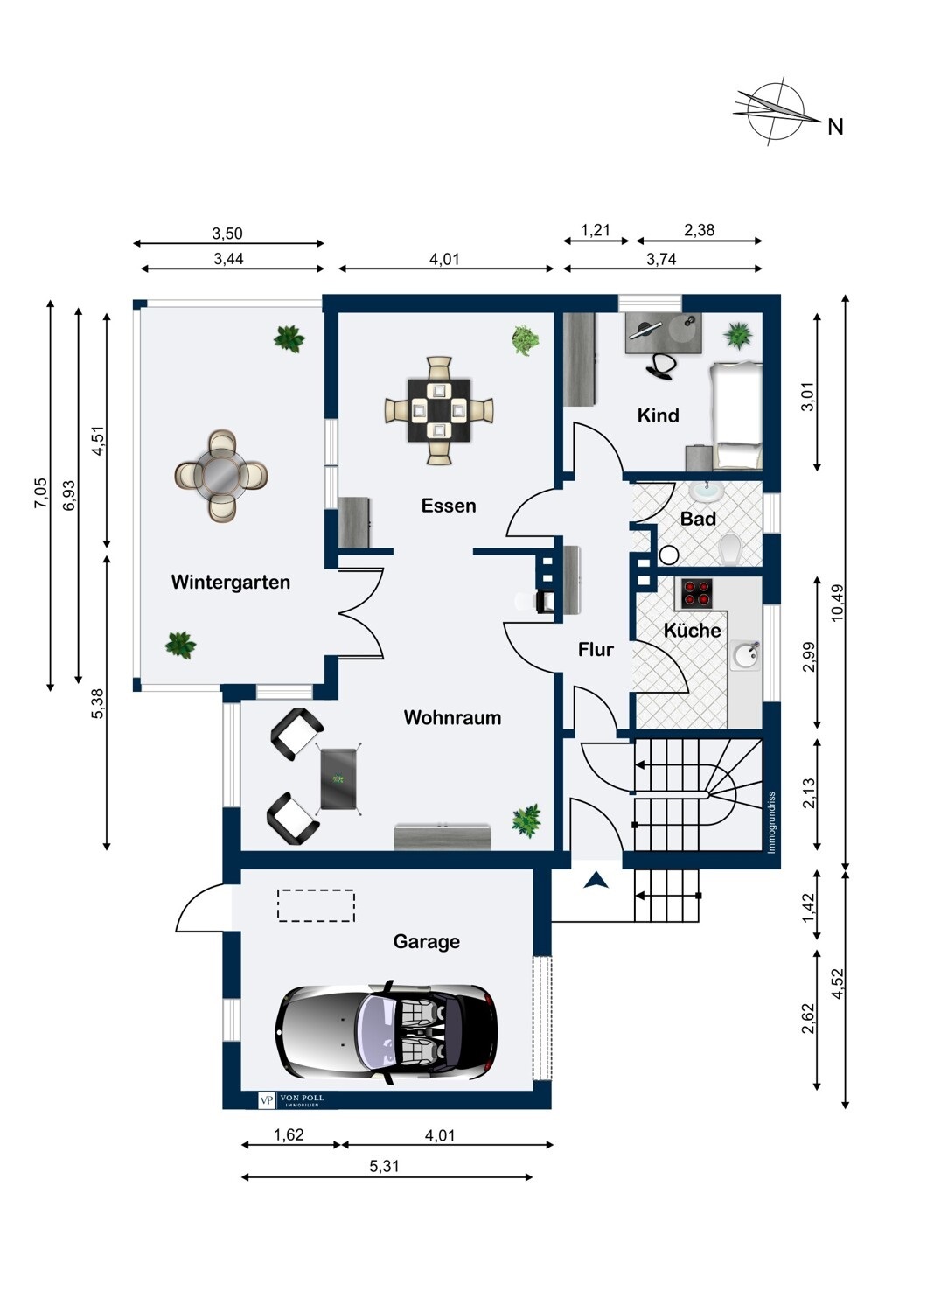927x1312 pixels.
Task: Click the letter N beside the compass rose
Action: [x=835, y=127]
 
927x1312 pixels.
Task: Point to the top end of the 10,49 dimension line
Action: [x=845, y=297]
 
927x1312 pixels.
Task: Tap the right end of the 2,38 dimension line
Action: [x=763, y=241]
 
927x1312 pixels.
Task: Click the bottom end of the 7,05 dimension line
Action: [x=51, y=691]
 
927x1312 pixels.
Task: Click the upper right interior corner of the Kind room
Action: [x=763, y=313]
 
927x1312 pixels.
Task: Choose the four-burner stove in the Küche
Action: [x=697, y=593]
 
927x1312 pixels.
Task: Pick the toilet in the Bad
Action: [x=731, y=548]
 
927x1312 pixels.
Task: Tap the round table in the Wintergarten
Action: [x=221, y=476]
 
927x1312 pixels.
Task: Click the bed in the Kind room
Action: [x=736, y=415]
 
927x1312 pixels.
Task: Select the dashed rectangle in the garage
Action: [x=317, y=906]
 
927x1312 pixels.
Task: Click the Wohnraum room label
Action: [x=452, y=717]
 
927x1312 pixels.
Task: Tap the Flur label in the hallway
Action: [x=596, y=649]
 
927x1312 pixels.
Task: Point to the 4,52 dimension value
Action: [x=838, y=984]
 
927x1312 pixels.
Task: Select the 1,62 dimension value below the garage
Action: [x=289, y=1134]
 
